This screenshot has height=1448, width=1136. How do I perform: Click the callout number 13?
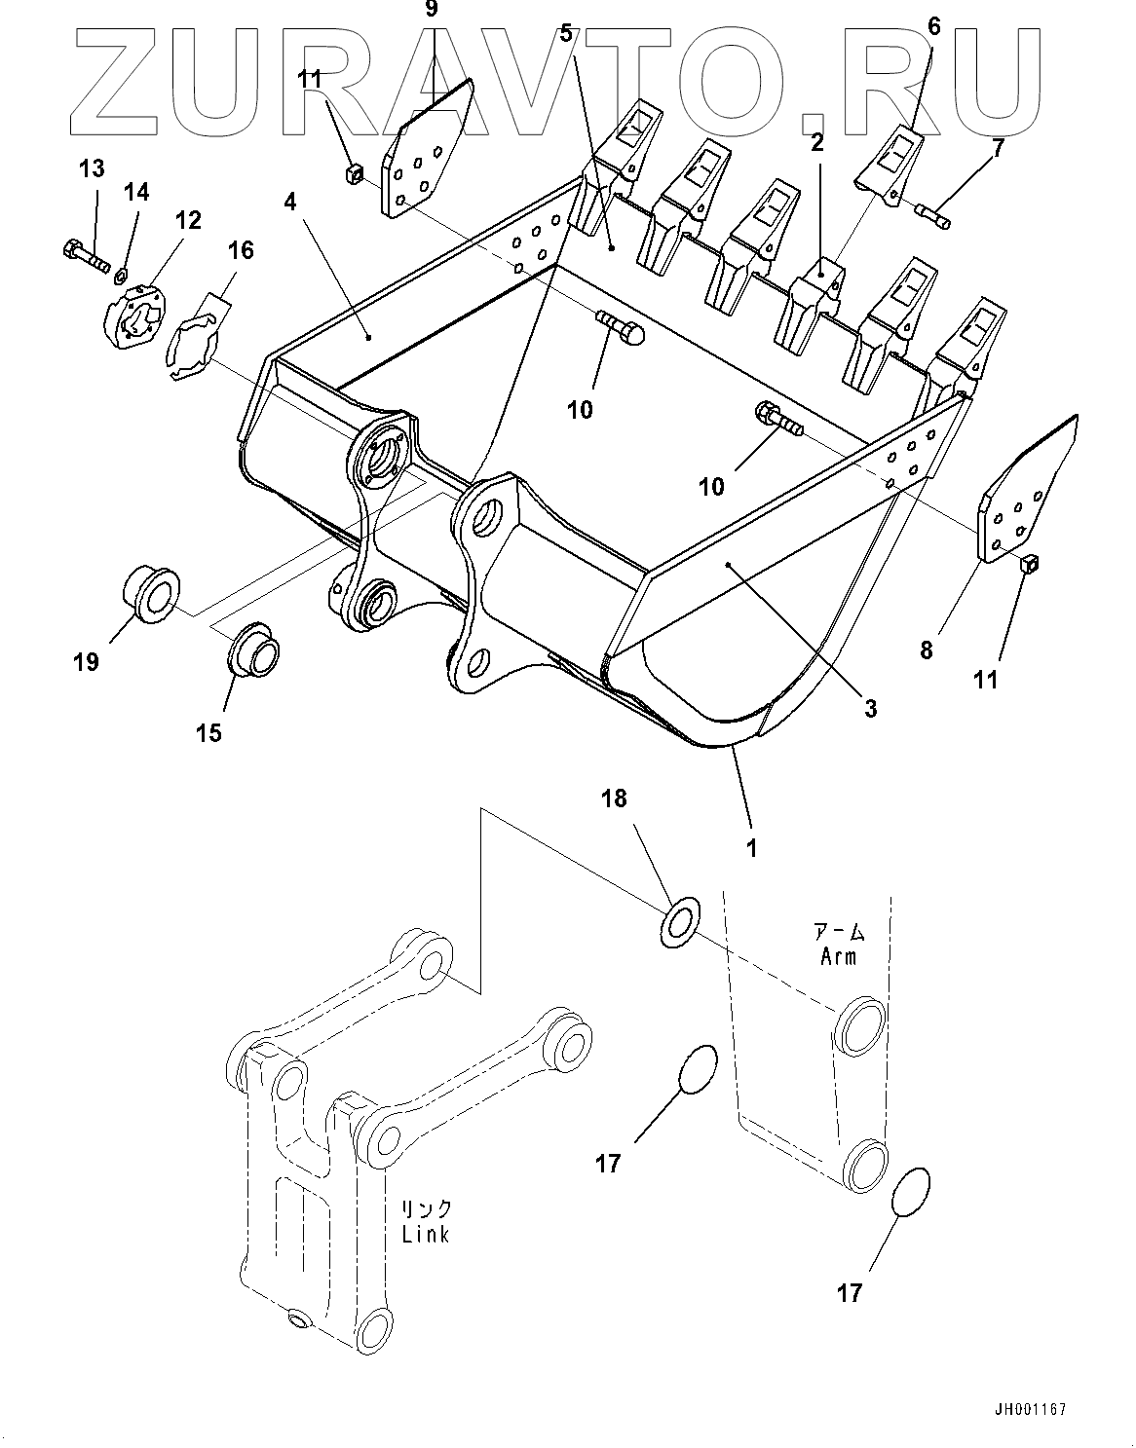(91, 169)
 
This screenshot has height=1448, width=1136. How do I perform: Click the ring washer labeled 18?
(680, 918)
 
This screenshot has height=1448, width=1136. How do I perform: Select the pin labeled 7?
(933, 212)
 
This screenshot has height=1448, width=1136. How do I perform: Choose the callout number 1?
(751, 847)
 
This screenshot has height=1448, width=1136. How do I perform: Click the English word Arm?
(838, 956)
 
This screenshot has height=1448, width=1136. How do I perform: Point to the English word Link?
(426, 1233)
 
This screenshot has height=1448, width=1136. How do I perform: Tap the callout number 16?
(240, 250)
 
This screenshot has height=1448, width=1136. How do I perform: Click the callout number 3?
(870, 708)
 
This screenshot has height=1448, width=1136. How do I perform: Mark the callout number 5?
(565, 34)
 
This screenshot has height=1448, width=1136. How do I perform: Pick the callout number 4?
(289, 204)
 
